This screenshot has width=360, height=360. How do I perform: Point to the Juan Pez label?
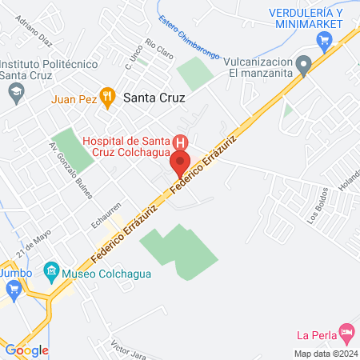[x=73, y=99]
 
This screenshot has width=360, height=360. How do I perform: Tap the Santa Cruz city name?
[x=154, y=98]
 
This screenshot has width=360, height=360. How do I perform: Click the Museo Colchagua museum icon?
[x=51, y=271]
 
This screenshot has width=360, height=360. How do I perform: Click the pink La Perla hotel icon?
[x=346, y=331]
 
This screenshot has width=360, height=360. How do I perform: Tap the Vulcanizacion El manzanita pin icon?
[x=303, y=65]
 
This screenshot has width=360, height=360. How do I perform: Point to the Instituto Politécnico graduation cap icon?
[x=15, y=94]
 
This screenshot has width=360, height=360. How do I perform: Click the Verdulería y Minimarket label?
[x=306, y=20]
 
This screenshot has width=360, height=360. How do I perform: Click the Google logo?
[x=27, y=350]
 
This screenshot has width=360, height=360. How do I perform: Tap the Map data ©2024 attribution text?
[x=326, y=353]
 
